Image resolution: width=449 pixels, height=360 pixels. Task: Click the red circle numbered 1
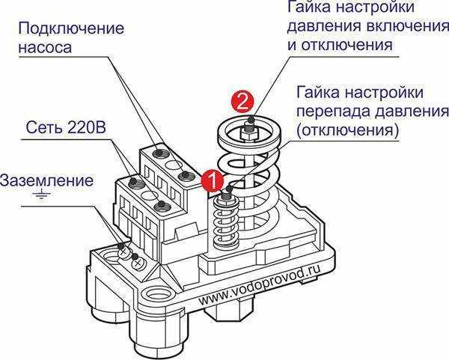213,180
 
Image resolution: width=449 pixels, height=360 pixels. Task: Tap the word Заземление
47,180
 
